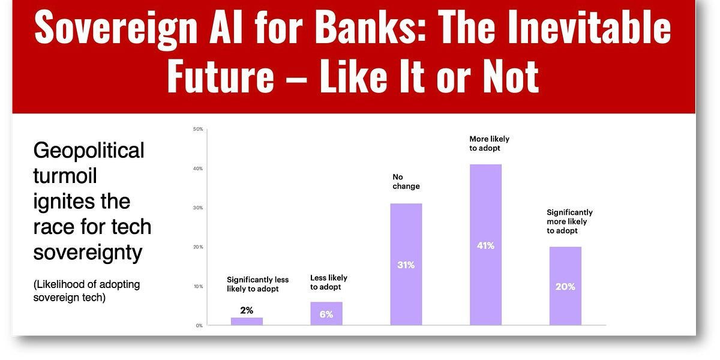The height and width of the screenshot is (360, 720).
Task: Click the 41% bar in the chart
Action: (485, 245)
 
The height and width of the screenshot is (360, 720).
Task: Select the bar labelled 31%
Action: (406, 264)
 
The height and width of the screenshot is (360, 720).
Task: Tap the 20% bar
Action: (565, 286)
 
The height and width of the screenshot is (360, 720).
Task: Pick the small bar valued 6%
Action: (326, 313)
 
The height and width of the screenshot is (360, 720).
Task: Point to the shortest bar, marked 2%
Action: (247, 322)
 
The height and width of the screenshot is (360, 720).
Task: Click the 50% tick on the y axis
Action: (198, 129)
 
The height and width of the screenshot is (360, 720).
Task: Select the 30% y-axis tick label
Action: (198, 208)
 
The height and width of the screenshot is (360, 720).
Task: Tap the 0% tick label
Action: (199, 326)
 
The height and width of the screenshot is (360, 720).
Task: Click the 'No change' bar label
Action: (406, 182)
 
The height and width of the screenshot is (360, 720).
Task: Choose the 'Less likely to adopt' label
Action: (329, 282)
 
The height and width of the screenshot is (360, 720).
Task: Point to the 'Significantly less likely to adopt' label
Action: (257, 284)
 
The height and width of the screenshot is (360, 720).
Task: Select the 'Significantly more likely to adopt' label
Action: (569, 221)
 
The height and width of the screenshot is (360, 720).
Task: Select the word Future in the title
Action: (221, 76)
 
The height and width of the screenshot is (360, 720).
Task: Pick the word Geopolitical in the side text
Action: (89, 151)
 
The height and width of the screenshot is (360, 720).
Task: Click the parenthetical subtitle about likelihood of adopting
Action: (86, 291)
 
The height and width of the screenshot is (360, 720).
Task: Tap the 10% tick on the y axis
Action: (198, 286)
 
